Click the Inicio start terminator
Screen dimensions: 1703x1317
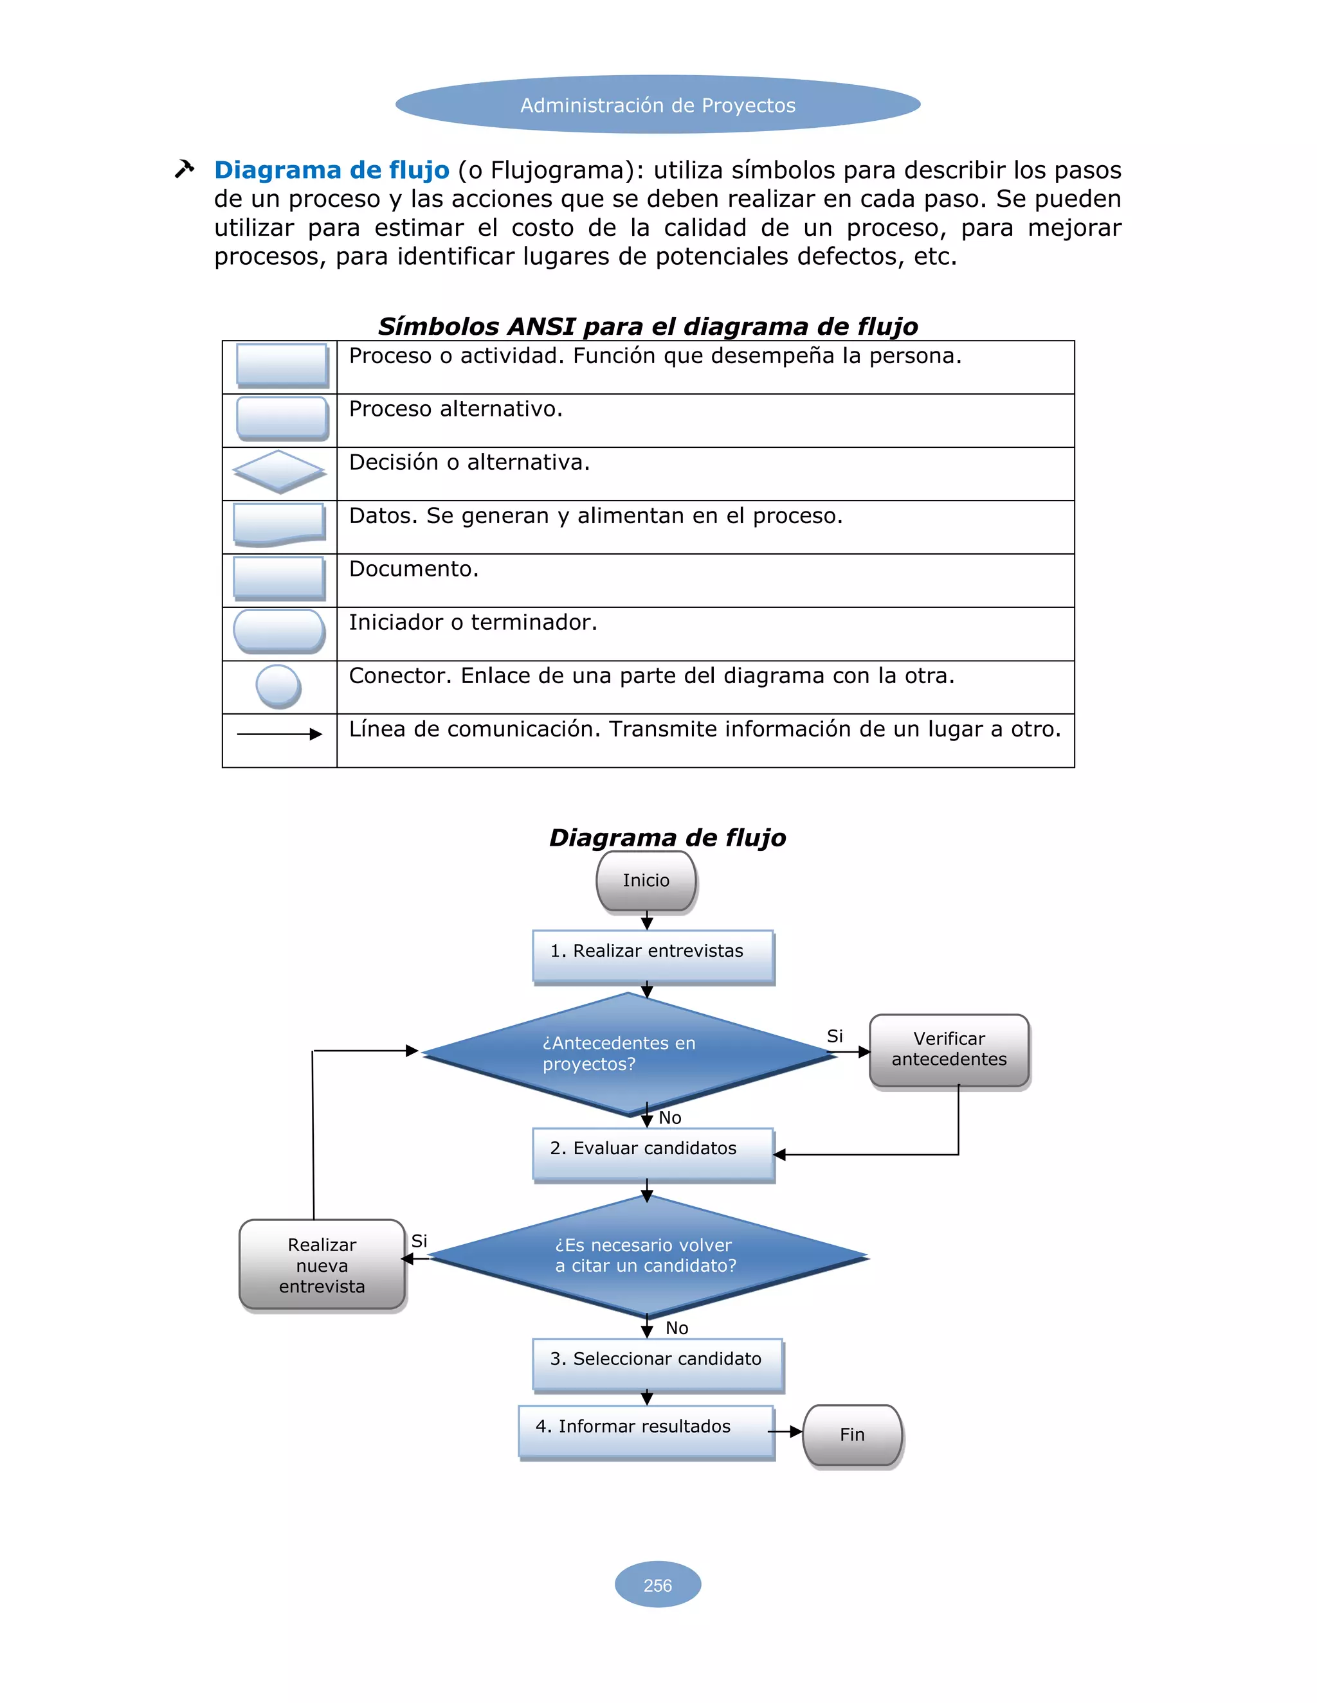tap(646, 880)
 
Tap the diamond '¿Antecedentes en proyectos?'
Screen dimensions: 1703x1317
tap(629, 1053)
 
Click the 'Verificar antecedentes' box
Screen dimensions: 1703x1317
tap(949, 1049)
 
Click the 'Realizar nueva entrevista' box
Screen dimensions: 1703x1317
tap(322, 1264)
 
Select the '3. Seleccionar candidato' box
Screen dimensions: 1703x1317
tap(657, 1364)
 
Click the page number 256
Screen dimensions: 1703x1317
tap(658, 1585)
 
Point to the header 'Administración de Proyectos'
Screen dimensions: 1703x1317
tap(658, 105)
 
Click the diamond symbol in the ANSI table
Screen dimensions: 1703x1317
tap(278, 471)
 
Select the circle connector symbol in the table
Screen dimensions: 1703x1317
tap(278, 686)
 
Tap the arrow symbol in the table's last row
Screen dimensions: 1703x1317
tap(279, 734)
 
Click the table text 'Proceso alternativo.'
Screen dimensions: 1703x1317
tap(456, 409)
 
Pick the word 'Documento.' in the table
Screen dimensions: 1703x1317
tap(413, 569)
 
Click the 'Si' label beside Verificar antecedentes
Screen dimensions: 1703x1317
tap(835, 1035)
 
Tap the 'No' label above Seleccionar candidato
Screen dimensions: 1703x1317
tap(677, 1327)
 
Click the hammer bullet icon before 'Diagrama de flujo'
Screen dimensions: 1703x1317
tap(184, 168)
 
